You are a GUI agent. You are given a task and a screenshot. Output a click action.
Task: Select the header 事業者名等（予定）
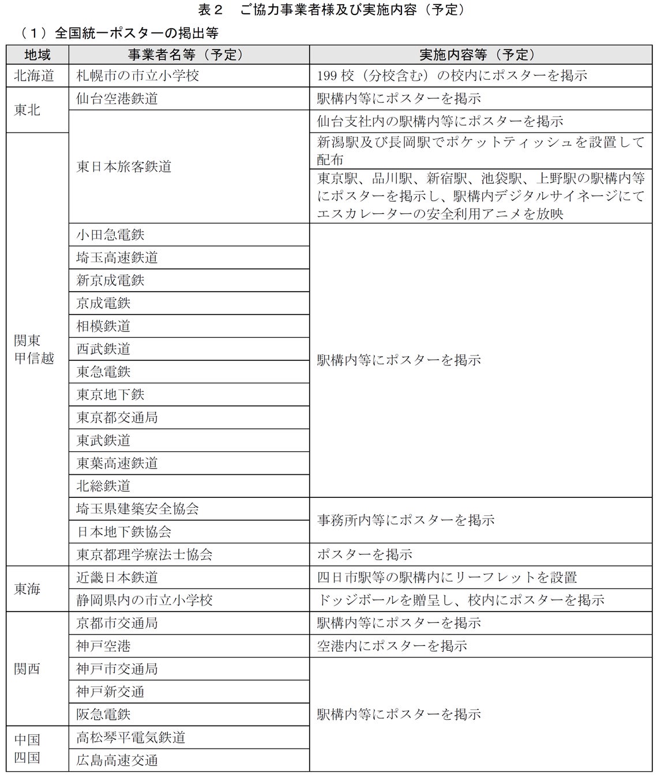(189, 55)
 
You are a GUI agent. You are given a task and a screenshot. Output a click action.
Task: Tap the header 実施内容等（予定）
(480, 55)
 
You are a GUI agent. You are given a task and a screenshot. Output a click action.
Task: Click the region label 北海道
(33, 75)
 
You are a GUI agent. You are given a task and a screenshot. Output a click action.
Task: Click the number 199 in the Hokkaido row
(327, 75)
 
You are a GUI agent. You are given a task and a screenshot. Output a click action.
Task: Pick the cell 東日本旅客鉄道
(123, 167)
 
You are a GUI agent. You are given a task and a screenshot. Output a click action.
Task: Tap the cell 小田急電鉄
(110, 235)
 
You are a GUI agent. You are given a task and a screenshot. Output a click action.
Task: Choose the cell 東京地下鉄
(110, 395)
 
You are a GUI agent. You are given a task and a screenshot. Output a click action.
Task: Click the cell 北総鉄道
(103, 486)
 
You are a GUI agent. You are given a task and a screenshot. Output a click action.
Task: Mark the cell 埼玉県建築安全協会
(137, 509)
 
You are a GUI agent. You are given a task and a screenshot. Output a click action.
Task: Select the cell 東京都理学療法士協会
(144, 554)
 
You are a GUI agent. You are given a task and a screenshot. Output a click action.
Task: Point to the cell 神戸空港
(103, 646)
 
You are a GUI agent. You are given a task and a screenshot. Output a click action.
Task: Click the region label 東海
(27, 589)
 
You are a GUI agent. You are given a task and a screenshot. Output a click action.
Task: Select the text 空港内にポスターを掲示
(392, 646)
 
